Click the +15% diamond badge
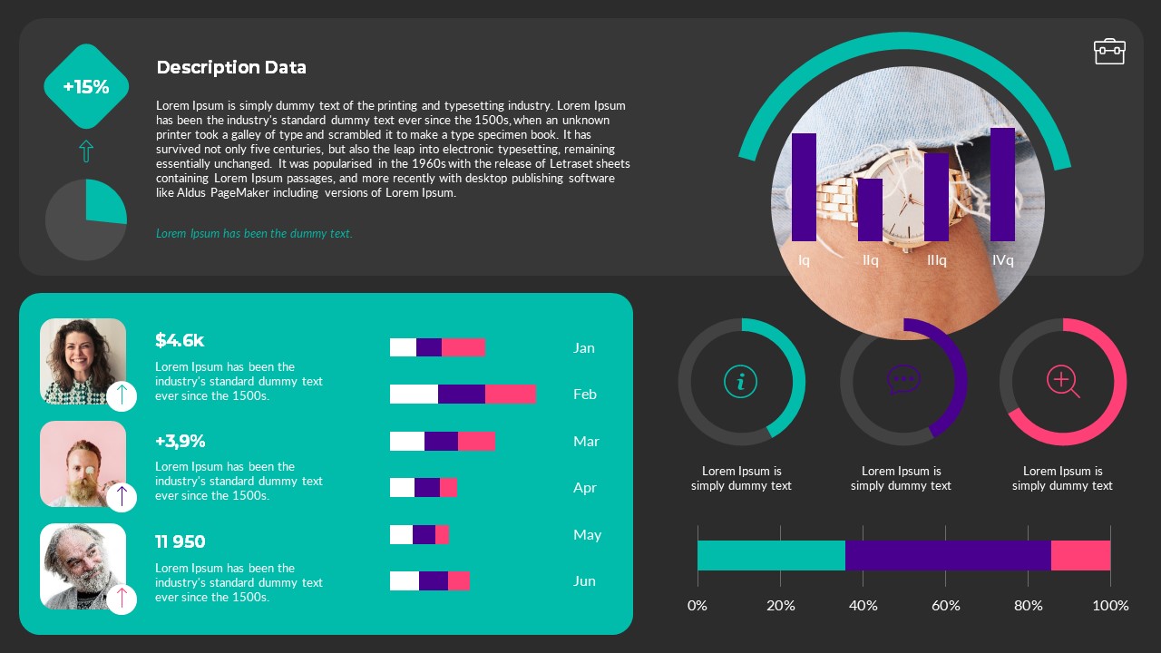coord(86,87)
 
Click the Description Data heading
coord(231,67)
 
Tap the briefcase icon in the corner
coord(1109,52)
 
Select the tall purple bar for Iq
coord(804,187)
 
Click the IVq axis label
coord(1002,260)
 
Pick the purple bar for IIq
coord(870,210)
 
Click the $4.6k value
coord(180,340)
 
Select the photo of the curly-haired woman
coord(83,360)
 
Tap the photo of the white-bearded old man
coord(83,566)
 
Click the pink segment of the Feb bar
coord(510,394)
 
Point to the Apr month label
coord(585,488)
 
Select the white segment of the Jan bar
coord(403,347)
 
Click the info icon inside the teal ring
coord(741,382)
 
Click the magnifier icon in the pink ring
coord(1062,381)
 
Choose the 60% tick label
coord(945,605)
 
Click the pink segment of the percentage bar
coord(1080,555)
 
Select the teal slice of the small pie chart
coord(104,201)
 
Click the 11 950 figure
coord(180,541)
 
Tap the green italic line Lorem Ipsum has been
coord(254,233)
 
